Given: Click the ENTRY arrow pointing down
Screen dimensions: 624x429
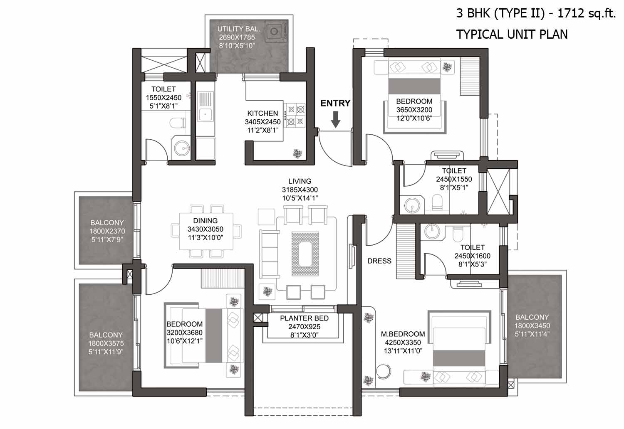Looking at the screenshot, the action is [336, 119].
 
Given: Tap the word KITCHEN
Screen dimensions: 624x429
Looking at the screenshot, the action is [262, 113].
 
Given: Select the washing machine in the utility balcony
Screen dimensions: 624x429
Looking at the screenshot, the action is [276, 31].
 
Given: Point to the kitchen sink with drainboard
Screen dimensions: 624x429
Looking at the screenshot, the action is [206, 107].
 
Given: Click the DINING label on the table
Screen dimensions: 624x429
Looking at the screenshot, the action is [206, 221].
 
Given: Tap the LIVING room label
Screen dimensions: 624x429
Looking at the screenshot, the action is [300, 181].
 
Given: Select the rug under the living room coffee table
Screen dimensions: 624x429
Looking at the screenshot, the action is [305, 254].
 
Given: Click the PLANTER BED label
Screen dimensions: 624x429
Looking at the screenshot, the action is [304, 318].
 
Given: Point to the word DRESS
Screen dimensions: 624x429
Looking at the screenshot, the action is [379, 261].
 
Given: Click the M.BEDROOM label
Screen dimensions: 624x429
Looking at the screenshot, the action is [403, 334].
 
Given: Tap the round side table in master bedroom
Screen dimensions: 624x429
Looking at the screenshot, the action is [383, 371].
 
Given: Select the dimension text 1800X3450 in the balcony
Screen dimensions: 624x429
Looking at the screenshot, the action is [532, 326].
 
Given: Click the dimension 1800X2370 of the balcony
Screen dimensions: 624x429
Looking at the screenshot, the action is [107, 231].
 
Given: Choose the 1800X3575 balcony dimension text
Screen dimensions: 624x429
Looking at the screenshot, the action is [106, 343].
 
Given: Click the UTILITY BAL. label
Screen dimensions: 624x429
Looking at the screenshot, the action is [238, 29].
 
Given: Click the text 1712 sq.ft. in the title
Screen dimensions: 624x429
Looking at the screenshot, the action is [586, 13].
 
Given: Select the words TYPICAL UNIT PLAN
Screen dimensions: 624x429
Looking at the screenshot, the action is [512, 35].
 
